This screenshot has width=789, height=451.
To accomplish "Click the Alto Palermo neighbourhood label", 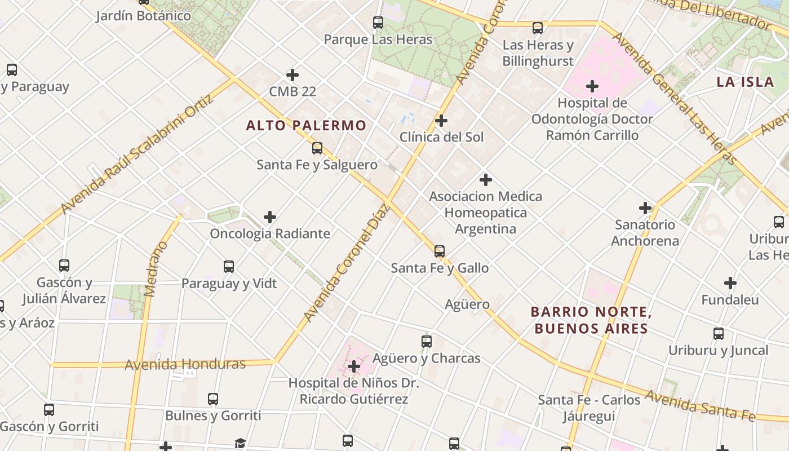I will [x=306, y=125].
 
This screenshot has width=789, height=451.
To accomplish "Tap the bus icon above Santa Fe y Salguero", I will [x=317, y=148].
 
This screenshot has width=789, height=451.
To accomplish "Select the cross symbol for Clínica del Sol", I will [x=441, y=120].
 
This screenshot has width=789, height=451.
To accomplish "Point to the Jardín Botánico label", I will [x=143, y=16].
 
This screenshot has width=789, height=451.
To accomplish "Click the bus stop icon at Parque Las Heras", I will [x=378, y=23].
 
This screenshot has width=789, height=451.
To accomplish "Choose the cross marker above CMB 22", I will [x=292, y=74].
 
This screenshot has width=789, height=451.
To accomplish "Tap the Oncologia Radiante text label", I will [x=270, y=233].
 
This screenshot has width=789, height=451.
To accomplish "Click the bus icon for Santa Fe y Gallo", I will [x=440, y=251].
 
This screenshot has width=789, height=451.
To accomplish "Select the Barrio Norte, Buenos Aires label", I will [x=591, y=320].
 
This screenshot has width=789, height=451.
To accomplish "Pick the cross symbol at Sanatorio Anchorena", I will [x=645, y=208].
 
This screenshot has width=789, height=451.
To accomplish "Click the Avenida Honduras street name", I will [x=185, y=365].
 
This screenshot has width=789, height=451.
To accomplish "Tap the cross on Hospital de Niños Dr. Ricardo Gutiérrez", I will [x=354, y=366].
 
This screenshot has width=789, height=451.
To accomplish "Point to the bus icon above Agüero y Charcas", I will [x=427, y=341].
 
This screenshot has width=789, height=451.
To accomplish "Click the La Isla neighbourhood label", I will [x=745, y=82].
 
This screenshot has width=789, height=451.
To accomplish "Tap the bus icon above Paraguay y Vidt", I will [x=229, y=267].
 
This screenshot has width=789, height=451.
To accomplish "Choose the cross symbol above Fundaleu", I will [x=730, y=282].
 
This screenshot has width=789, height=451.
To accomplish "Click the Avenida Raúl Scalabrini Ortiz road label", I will [x=138, y=153].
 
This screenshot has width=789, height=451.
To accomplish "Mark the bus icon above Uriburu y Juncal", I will [x=719, y=333].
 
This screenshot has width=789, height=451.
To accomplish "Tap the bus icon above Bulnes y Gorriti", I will [x=213, y=399].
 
